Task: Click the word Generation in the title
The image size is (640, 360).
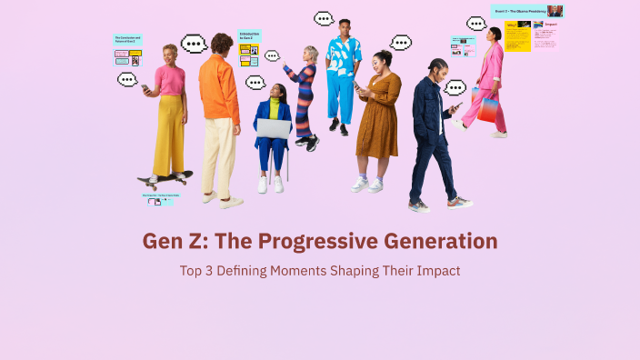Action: (435, 242)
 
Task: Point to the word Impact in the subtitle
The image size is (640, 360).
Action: (435, 270)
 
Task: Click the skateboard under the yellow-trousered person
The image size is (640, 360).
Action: (165, 176)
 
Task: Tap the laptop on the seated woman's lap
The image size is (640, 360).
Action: (273, 128)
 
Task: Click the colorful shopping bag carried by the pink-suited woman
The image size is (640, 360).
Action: (487, 108)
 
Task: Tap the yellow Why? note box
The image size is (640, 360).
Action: (517, 36)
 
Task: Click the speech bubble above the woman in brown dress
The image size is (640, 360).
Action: (401, 43)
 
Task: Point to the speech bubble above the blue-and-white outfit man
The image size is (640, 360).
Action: (325, 18)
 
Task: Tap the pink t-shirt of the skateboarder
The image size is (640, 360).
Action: (169, 80)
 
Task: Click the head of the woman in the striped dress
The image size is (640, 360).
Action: (311, 53)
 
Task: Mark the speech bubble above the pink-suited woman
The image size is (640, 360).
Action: (476, 24)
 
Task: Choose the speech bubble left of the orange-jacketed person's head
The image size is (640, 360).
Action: (194, 44)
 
